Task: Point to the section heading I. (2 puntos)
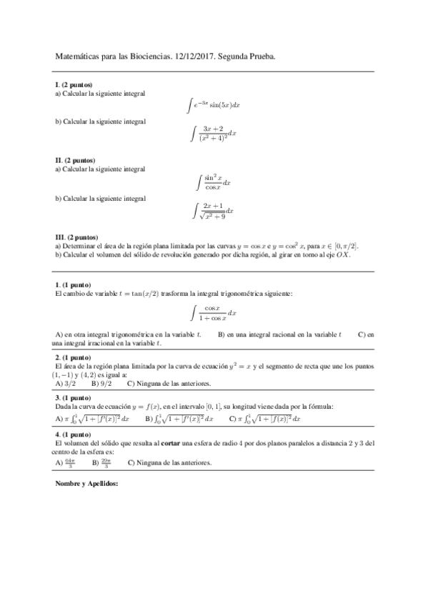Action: pos(74,85)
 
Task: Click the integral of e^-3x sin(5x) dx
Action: pos(213,104)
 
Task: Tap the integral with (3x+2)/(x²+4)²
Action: pos(214,133)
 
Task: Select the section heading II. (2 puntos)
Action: pos(75,160)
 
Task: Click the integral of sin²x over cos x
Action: pos(213,182)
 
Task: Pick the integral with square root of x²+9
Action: pos(213,210)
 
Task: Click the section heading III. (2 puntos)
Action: pos(76,237)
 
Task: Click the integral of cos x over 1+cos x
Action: pos(213,313)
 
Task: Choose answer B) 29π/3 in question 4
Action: pos(101,462)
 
